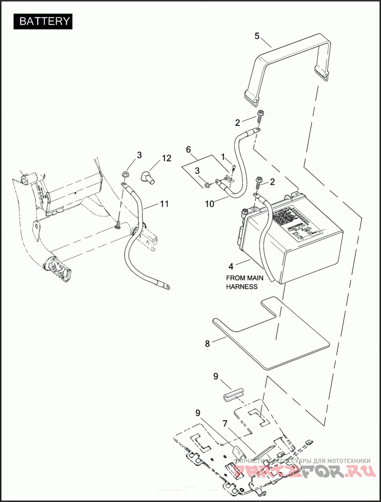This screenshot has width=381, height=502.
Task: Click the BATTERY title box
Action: click(45, 21)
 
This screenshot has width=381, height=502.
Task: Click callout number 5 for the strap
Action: click(257, 36)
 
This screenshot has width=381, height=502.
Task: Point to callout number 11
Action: click(164, 204)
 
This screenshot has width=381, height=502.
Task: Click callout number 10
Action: click(210, 203)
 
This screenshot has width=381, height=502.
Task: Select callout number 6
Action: click(188, 149)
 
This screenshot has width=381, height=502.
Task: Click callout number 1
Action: click(222, 156)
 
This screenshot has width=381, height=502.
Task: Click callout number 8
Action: click(207, 344)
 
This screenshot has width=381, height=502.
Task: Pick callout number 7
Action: click(225, 423)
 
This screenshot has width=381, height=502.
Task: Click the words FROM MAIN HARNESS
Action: click(241, 282)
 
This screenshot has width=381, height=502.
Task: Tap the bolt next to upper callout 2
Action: click(261, 115)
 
